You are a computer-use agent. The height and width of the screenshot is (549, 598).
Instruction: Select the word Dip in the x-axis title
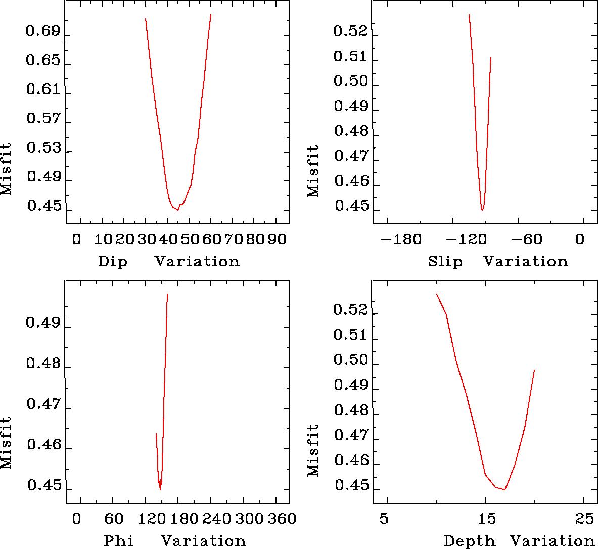pos(113,262)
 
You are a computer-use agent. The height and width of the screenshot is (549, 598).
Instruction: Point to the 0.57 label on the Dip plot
pos(42,120)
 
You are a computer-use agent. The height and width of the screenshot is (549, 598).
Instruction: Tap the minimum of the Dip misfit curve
pos(177,210)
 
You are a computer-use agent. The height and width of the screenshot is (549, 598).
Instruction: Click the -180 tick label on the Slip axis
pos(401,239)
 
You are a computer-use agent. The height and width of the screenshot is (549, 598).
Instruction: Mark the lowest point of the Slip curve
pos(483,210)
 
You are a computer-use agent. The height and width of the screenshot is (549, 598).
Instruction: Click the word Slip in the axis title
pos(445,262)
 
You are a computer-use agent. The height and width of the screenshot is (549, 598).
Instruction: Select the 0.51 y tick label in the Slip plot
pos(350,57)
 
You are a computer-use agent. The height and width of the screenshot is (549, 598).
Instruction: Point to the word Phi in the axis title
pos(119,541)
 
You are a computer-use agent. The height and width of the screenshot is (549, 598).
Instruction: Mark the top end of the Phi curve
pos(167,294)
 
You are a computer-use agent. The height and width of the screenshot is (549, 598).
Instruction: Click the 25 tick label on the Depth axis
pos(583,519)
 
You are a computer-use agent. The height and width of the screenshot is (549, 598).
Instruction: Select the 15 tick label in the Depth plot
pos(485,519)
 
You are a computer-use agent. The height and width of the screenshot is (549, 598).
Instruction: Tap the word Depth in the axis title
pos(470,541)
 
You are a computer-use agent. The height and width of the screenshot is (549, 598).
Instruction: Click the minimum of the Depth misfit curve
pos(504,489)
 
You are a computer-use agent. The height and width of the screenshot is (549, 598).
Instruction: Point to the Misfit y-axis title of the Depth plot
pos(313,450)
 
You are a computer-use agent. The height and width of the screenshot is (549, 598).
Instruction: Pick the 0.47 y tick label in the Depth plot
pos(350,436)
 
